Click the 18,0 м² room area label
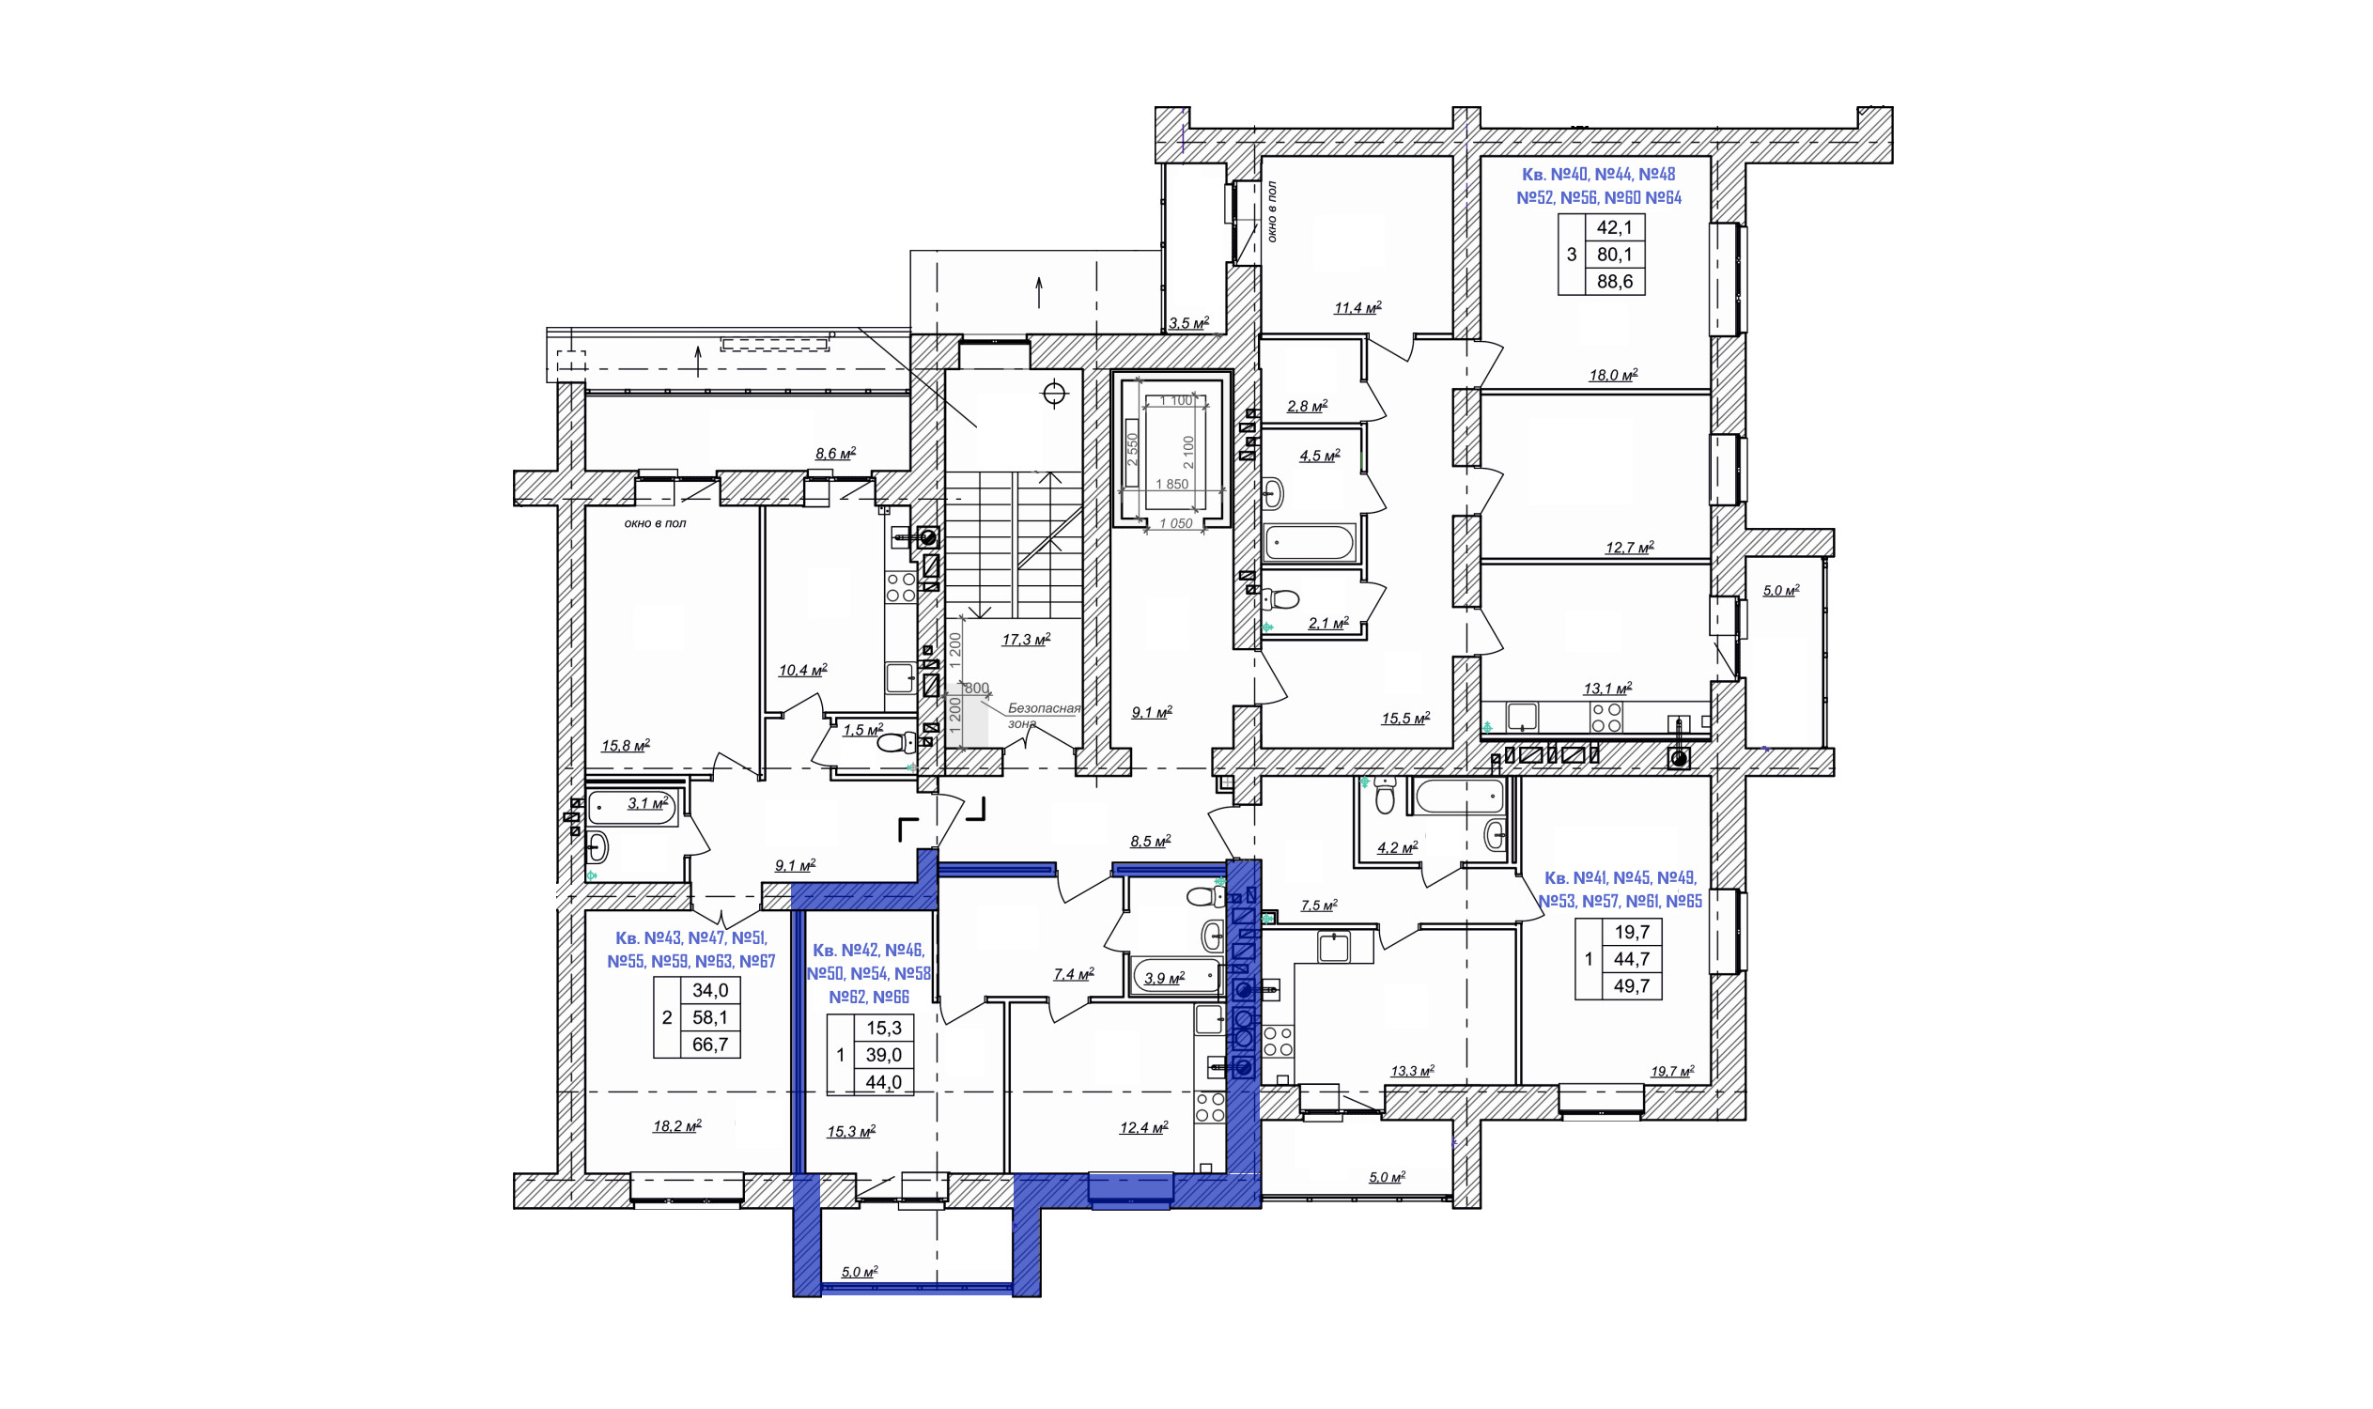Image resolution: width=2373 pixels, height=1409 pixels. click(1612, 375)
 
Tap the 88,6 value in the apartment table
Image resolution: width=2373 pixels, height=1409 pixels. click(1614, 281)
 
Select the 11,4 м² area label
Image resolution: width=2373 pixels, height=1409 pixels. click(1357, 307)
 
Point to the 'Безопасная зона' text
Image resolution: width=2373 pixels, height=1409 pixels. click(1043, 716)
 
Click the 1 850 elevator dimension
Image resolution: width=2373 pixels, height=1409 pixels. click(1171, 484)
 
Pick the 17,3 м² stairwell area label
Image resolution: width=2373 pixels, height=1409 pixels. click(1026, 640)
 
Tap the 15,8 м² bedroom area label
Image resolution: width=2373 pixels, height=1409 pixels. click(625, 745)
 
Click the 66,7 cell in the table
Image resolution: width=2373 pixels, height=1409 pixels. click(710, 1045)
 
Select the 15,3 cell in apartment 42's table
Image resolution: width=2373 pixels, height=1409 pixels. click(883, 1029)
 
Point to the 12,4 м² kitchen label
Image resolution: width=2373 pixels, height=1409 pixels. click(1143, 1128)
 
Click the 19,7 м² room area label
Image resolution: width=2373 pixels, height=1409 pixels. click(1671, 1072)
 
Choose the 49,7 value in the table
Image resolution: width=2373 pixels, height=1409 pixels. click(1632, 985)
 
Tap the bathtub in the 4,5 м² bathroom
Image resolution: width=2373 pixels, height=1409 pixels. click(1310, 543)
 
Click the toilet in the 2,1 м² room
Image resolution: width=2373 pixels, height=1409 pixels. click(1281, 598)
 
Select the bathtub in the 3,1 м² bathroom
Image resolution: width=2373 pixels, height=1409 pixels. click(632, 808)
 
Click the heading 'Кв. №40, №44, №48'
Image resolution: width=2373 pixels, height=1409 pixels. click(1598, 174)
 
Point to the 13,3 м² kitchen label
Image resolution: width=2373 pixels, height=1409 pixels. click(1412, 1071)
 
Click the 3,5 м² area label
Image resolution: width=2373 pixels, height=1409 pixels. click(1188, 323)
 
